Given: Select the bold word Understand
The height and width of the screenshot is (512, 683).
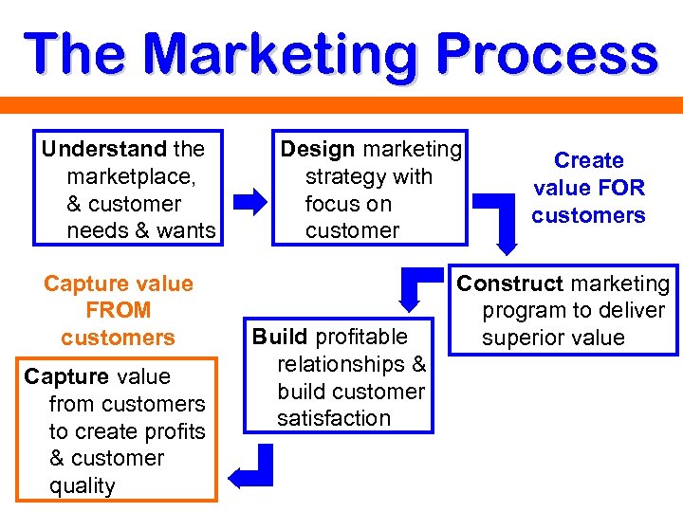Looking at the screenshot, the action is pos(103,149).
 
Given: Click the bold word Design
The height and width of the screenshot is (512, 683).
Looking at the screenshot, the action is pos(318,149).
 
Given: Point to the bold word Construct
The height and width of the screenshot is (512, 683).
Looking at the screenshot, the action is pos(509,283).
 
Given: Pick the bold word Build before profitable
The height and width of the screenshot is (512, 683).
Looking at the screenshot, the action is pos(279,337).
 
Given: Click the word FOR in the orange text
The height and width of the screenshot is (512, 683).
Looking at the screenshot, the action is pos(621,188).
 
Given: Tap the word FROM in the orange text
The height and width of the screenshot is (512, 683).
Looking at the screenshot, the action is pos(118,310).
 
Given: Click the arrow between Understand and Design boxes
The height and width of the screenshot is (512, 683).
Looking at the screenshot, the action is pos(250,201).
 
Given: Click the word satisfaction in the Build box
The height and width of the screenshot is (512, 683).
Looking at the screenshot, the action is pos(334,418).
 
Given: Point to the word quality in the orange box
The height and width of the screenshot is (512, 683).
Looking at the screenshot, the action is pos(82,485).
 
